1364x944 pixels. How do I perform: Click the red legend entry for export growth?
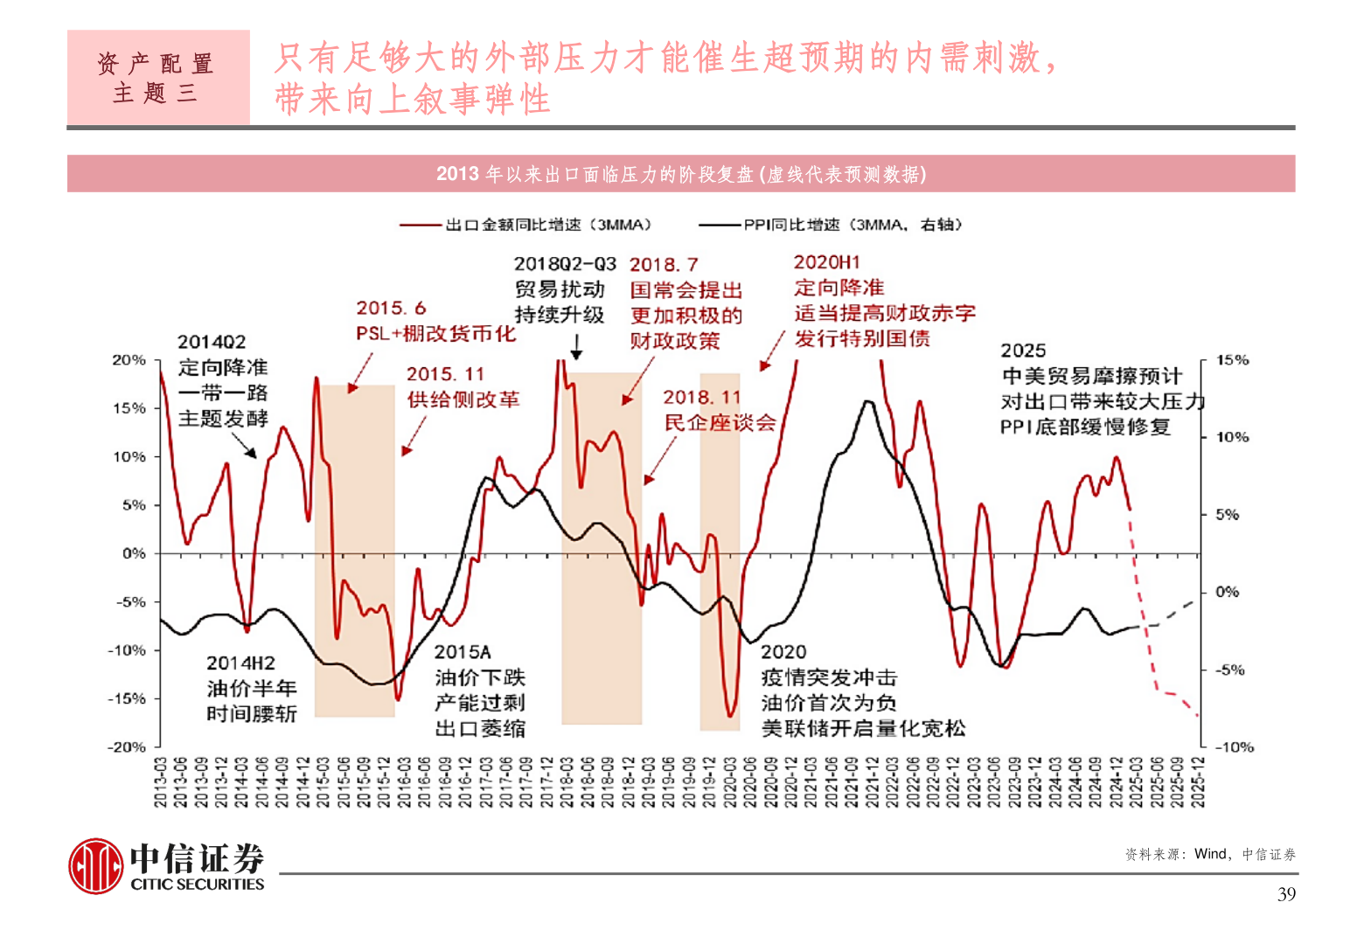[525, 225]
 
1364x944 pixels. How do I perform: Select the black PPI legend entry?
[831, 225]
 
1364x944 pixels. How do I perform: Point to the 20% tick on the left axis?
[129, 360]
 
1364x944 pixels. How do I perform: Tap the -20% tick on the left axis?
[127, 747]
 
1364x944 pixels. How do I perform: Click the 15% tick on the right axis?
[1232, 360]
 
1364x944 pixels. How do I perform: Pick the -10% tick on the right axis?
[1234, 747]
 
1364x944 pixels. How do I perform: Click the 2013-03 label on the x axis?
[161, 782]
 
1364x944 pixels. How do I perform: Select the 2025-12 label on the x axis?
[1198, 782]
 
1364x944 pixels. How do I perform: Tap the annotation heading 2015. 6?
[391, 308]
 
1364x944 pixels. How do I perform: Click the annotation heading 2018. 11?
[701, 398]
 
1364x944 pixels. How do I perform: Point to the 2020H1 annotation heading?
[827, 262]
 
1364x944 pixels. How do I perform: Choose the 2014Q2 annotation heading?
[212, 342]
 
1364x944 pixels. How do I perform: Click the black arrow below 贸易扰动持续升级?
[576, 348]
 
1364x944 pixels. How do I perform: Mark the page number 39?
[1286, 894]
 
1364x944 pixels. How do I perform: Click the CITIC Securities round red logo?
[96, 866]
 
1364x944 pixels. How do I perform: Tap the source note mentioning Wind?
[1210, 854]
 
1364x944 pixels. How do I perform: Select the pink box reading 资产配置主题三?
[158, 78]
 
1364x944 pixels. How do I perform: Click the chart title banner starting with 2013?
[680, 174]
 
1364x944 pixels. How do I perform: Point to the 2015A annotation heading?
[463, 652]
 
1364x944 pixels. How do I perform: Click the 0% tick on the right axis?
[1228, 593]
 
